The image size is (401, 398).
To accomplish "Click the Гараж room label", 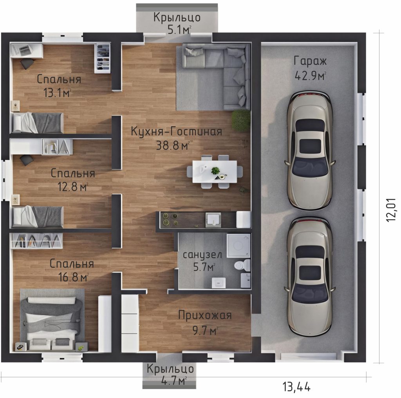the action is pyautogui.click(x=310, y=61).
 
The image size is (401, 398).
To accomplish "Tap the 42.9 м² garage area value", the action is pyautogui.click(x=310, y=75).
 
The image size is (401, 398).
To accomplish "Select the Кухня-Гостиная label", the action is pyautogui.click(x=177, y=131).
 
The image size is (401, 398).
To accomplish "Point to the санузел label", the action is pyautogui.click(x=202, y=255).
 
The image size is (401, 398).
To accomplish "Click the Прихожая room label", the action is pyautogui.click(x=205, y=315).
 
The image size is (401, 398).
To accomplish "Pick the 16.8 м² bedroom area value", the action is pyautogui.click(x=73, y=277).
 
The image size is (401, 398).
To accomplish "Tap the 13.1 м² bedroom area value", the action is pyautogui.click(x=57, y=93).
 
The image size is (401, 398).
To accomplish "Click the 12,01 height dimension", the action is pyautogui.click(x=391, y=210).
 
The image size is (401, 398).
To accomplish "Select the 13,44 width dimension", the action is pyautogui.click(x=296, y=387).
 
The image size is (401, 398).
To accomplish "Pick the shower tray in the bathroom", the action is pyautogui.click(x=238, y=245).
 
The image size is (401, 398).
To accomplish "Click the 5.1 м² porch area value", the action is pyautogui.click(x=179, y=30).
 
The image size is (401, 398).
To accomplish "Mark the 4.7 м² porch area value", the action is pyautogui.click(x=174, y=381).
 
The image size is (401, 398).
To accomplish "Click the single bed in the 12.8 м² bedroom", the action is pyautogui.click(x=38, y=217).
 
